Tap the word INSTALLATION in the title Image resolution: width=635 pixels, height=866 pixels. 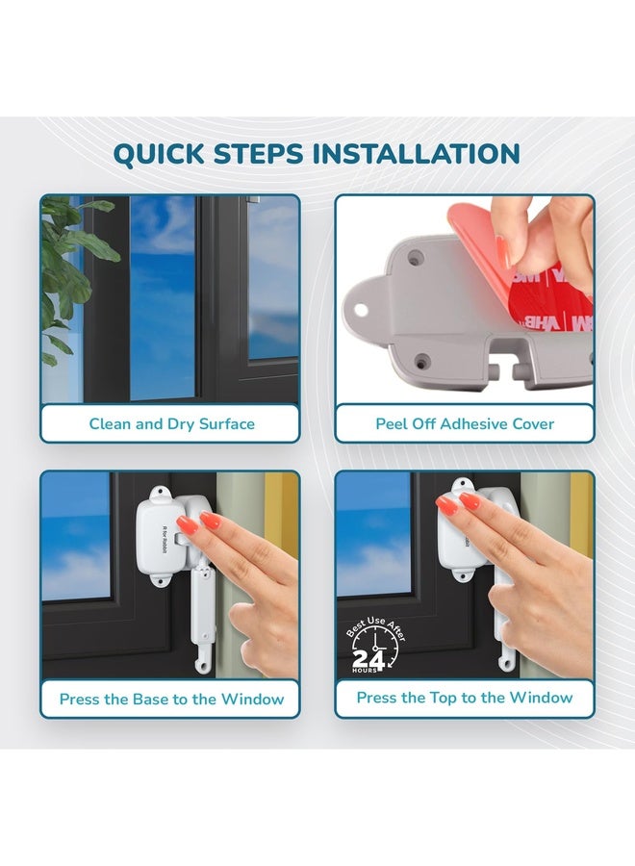(417, 154)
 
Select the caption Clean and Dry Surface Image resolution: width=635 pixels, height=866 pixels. (171, 424)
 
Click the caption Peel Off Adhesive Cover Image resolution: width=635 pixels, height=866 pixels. (465, 424)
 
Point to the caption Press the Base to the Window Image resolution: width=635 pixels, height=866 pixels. (171, 700)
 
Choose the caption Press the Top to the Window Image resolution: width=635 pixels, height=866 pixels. (465, 698)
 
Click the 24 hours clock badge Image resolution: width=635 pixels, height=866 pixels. (375, 646)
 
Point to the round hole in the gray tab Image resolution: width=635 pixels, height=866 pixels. (360, 310)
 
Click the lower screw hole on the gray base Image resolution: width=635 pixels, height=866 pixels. (422, 363)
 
